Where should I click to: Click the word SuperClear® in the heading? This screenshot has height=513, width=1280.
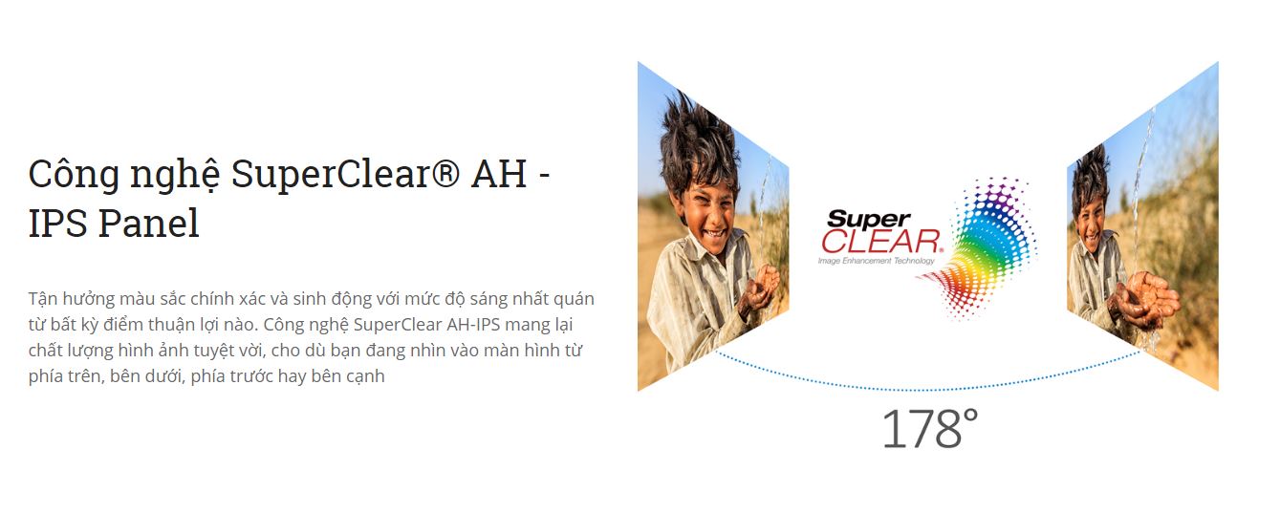point(344,174)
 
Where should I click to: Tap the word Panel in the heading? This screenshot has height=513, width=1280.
point(148,223)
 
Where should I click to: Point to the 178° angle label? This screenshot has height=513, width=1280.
point(930,429)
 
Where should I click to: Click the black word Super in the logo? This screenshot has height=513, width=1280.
point(868,219)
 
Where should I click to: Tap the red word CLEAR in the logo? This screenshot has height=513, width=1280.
point(880,242)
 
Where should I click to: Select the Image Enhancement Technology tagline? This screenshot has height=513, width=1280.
point(876,261)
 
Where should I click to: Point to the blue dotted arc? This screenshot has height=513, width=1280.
point(928,390)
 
